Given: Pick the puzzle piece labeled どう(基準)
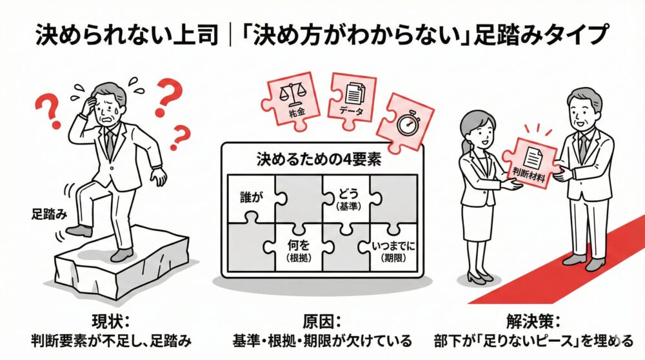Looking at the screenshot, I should [x=346, y=197].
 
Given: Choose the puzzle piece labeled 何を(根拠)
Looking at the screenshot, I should [x=299, y=249].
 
